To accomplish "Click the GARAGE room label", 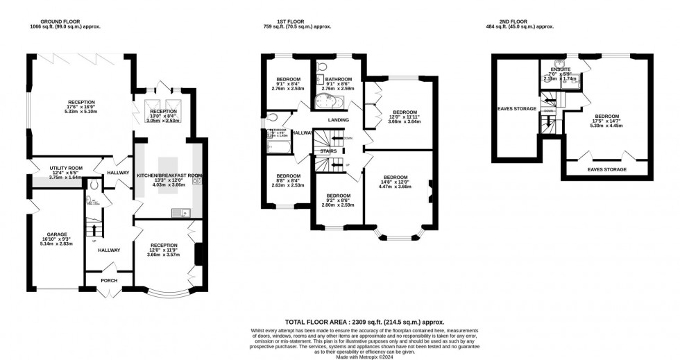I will [57, 234].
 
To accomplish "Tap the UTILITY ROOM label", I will [66, 168].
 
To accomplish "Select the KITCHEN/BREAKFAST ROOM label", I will [169, 175].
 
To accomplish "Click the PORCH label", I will [108, 280].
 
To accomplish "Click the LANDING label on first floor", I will [339, 119].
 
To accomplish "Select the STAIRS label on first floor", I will [328, 150].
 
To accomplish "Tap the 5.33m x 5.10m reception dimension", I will [80, 112].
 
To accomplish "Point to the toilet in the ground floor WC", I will [94, 185].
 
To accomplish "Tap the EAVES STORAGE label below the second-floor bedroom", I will [606, 169].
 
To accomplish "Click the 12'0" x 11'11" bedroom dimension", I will [405, 117].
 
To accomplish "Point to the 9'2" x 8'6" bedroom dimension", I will [338, 200].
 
